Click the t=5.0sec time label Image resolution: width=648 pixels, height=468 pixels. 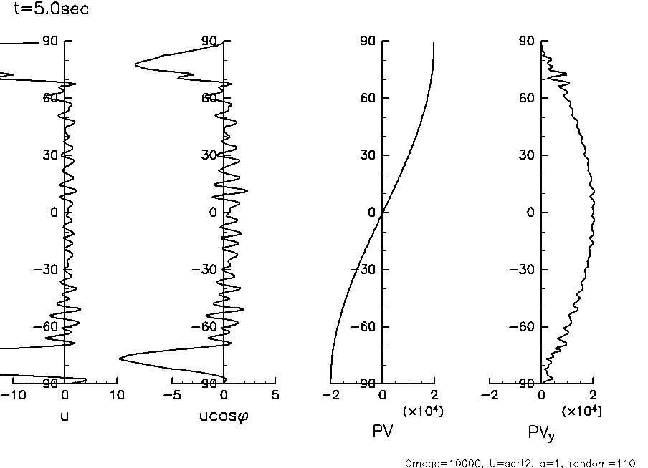(52, 10)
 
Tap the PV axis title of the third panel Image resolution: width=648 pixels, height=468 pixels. (382, 432)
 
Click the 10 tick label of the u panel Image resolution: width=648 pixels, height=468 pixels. (116, 395)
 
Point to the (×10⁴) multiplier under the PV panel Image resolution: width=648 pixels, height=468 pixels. (422, 410)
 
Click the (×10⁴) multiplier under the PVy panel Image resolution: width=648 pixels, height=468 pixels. (581, 410)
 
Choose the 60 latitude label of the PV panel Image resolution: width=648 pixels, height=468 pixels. (368, 98)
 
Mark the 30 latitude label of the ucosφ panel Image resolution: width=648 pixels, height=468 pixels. (209, 155)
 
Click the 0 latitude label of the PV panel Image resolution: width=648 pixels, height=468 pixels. (372, 213)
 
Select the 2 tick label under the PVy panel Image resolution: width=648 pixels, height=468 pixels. (593, 395)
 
